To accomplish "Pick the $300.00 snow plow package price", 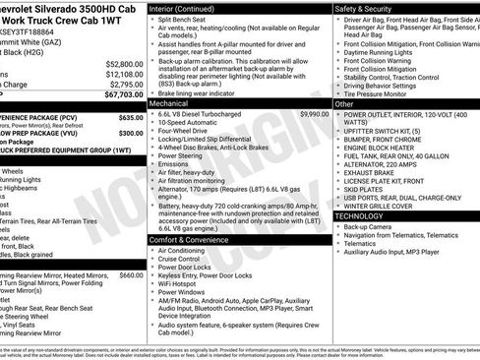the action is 131,131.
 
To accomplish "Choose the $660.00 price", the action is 131,275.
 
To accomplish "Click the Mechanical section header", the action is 169,102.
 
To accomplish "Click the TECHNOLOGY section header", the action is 360,215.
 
